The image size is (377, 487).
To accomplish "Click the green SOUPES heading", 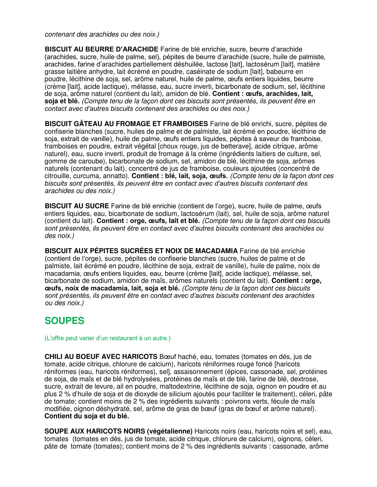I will pos(64,321).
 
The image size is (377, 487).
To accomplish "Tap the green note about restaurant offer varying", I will pos(107,338).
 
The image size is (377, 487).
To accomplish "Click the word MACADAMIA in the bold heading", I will pos(216,251).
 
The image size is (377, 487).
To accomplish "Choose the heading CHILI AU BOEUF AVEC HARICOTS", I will pos(101,357).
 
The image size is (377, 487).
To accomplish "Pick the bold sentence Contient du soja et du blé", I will pos(87,416).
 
